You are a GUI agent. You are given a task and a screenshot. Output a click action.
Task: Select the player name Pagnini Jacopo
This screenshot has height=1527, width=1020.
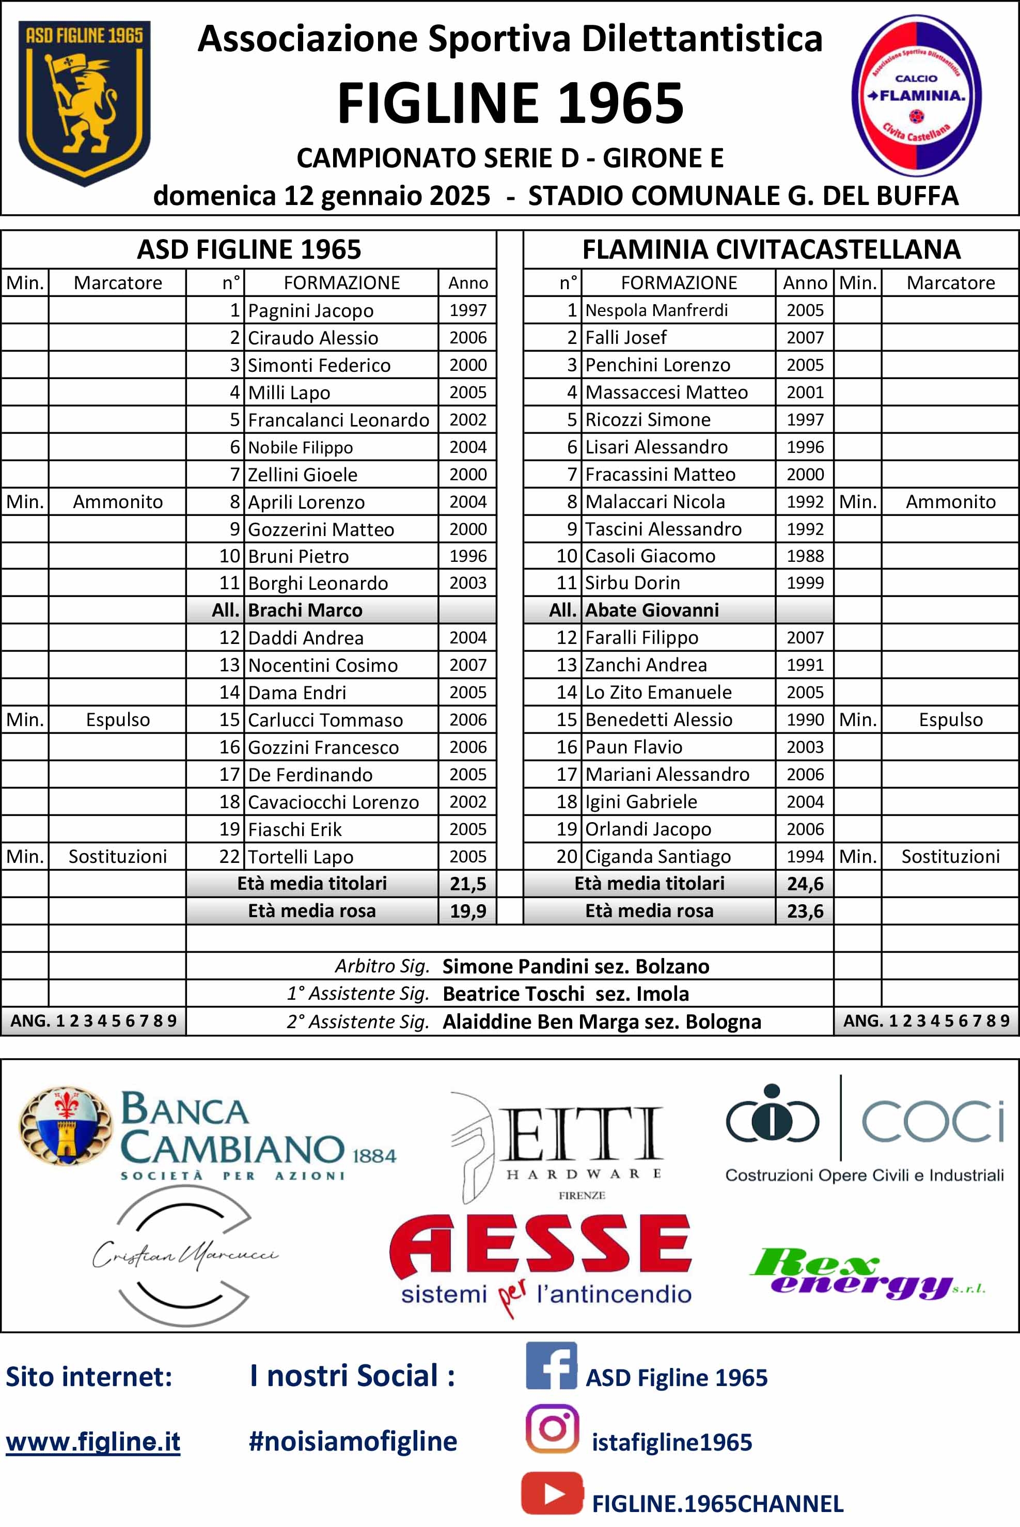(310, 311)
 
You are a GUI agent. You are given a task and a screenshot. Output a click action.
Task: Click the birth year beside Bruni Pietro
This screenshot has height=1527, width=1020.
(468, 556)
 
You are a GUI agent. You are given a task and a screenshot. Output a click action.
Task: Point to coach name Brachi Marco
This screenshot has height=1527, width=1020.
(305, 610)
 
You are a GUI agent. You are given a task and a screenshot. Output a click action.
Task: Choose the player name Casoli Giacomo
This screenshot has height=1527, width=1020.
(650, 556)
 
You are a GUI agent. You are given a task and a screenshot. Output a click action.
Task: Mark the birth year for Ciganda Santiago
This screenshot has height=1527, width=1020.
(805, 857)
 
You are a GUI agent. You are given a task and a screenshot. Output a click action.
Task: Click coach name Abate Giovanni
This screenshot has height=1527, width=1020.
(652, 610)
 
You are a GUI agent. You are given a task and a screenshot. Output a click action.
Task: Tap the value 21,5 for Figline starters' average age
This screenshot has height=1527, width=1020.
(468, 884)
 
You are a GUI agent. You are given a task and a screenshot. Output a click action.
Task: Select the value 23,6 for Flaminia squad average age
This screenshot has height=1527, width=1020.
(805, 911)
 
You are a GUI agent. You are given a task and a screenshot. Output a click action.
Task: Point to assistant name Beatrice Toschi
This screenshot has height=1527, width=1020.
(513, 994)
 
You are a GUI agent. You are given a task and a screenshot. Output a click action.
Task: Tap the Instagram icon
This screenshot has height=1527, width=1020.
(552, 1429)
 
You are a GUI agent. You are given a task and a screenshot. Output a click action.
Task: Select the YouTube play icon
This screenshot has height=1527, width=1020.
(552, 1493)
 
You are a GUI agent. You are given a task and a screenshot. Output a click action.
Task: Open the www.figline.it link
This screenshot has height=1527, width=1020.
(93, 1442)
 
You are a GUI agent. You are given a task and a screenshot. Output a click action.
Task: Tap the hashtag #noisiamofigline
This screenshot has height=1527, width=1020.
(353, 1441)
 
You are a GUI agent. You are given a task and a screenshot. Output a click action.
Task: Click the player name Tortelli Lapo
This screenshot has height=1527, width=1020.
(301, 857)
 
